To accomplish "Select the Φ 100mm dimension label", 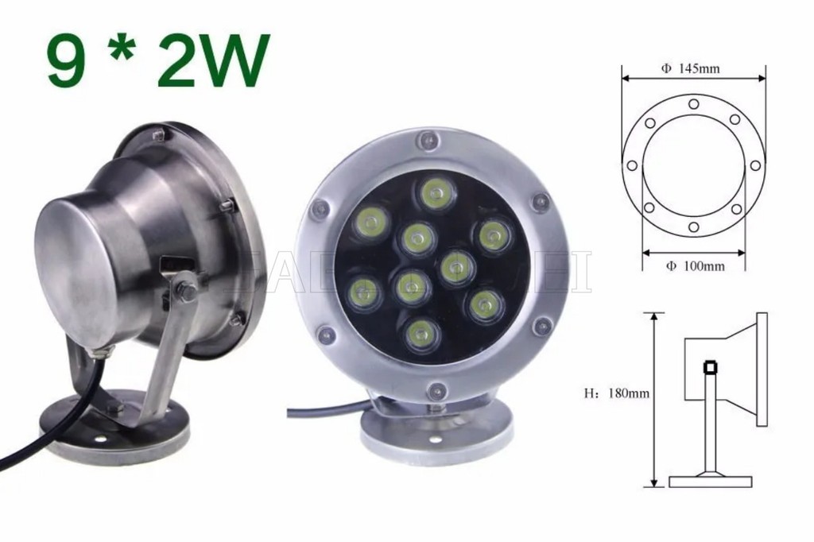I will click(694, 265).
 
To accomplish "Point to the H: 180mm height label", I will click(616, 392).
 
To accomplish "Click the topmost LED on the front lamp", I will click(435, 193).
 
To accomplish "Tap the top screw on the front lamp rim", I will click(428, 141).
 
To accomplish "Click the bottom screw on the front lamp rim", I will click(436, 390).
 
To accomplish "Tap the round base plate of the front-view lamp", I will click(436, 436).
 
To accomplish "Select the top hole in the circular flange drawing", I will click(694, 103).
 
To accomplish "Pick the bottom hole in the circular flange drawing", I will click(694, 227).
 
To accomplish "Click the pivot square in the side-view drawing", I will click(709, 367).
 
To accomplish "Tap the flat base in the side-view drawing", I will click(710, 481).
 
